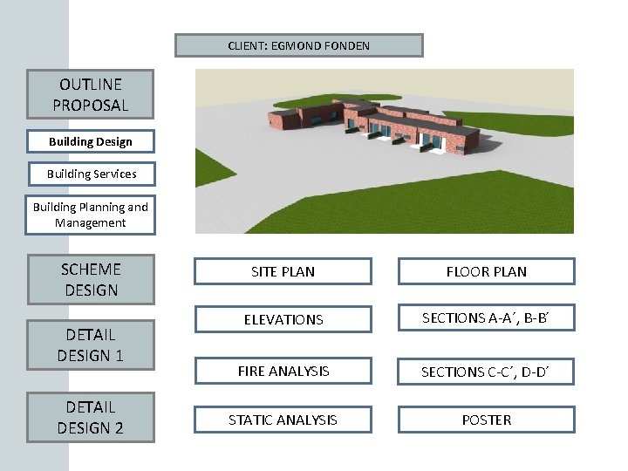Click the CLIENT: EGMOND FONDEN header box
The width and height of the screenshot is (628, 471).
(298, 45)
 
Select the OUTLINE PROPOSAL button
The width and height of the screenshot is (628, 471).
(91, 94)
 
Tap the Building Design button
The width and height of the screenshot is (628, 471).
(91, 141)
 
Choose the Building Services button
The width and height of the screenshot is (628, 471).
(92, 174)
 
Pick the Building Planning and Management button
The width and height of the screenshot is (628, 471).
(91, 215)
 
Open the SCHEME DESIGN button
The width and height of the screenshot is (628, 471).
(91, 279)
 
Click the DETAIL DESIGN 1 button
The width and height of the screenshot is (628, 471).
(91, 345)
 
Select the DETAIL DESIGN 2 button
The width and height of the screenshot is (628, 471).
(91, 417)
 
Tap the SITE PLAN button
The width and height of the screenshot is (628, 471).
(283, 271)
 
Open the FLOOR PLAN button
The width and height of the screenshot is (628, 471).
(487, 271)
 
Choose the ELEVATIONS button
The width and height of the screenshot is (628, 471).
(283, 319)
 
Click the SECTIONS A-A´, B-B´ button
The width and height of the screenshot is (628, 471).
(487, 318)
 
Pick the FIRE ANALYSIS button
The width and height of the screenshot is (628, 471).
(283, 371)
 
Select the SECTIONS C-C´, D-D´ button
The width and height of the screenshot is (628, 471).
(487, 372)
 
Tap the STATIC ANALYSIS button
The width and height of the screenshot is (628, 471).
(283, 420)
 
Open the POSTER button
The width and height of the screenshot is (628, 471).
(487, 420)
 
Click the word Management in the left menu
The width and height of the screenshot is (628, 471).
(91, 222)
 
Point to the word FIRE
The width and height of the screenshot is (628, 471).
(251, 371)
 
